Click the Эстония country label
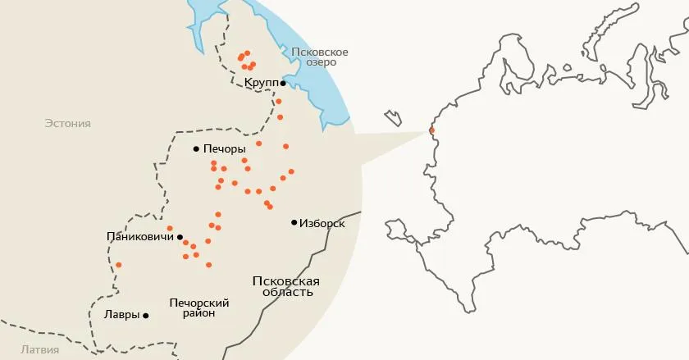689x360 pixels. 67,124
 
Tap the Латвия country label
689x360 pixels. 39,350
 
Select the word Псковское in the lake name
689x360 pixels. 321,52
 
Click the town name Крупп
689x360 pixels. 260,84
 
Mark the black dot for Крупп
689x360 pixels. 283,84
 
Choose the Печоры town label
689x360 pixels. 224,149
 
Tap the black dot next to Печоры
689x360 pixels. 196,149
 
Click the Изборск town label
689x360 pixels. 322,223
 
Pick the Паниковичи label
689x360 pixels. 140,237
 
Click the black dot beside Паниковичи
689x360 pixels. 180,237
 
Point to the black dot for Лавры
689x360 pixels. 146,315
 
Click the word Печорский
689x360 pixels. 198,303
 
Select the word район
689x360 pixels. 198,314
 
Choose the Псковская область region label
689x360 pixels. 285,286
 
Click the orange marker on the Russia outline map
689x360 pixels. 431,130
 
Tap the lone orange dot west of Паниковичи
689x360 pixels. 119,264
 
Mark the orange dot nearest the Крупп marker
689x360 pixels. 279,101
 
